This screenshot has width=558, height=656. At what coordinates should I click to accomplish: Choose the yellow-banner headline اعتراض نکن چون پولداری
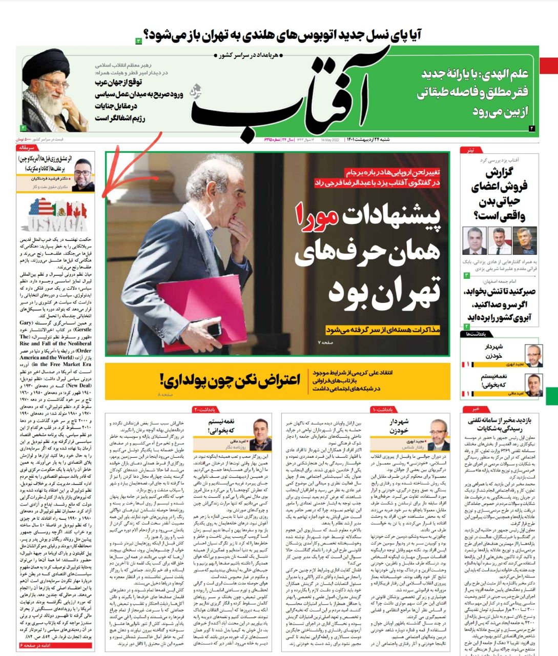229,381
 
